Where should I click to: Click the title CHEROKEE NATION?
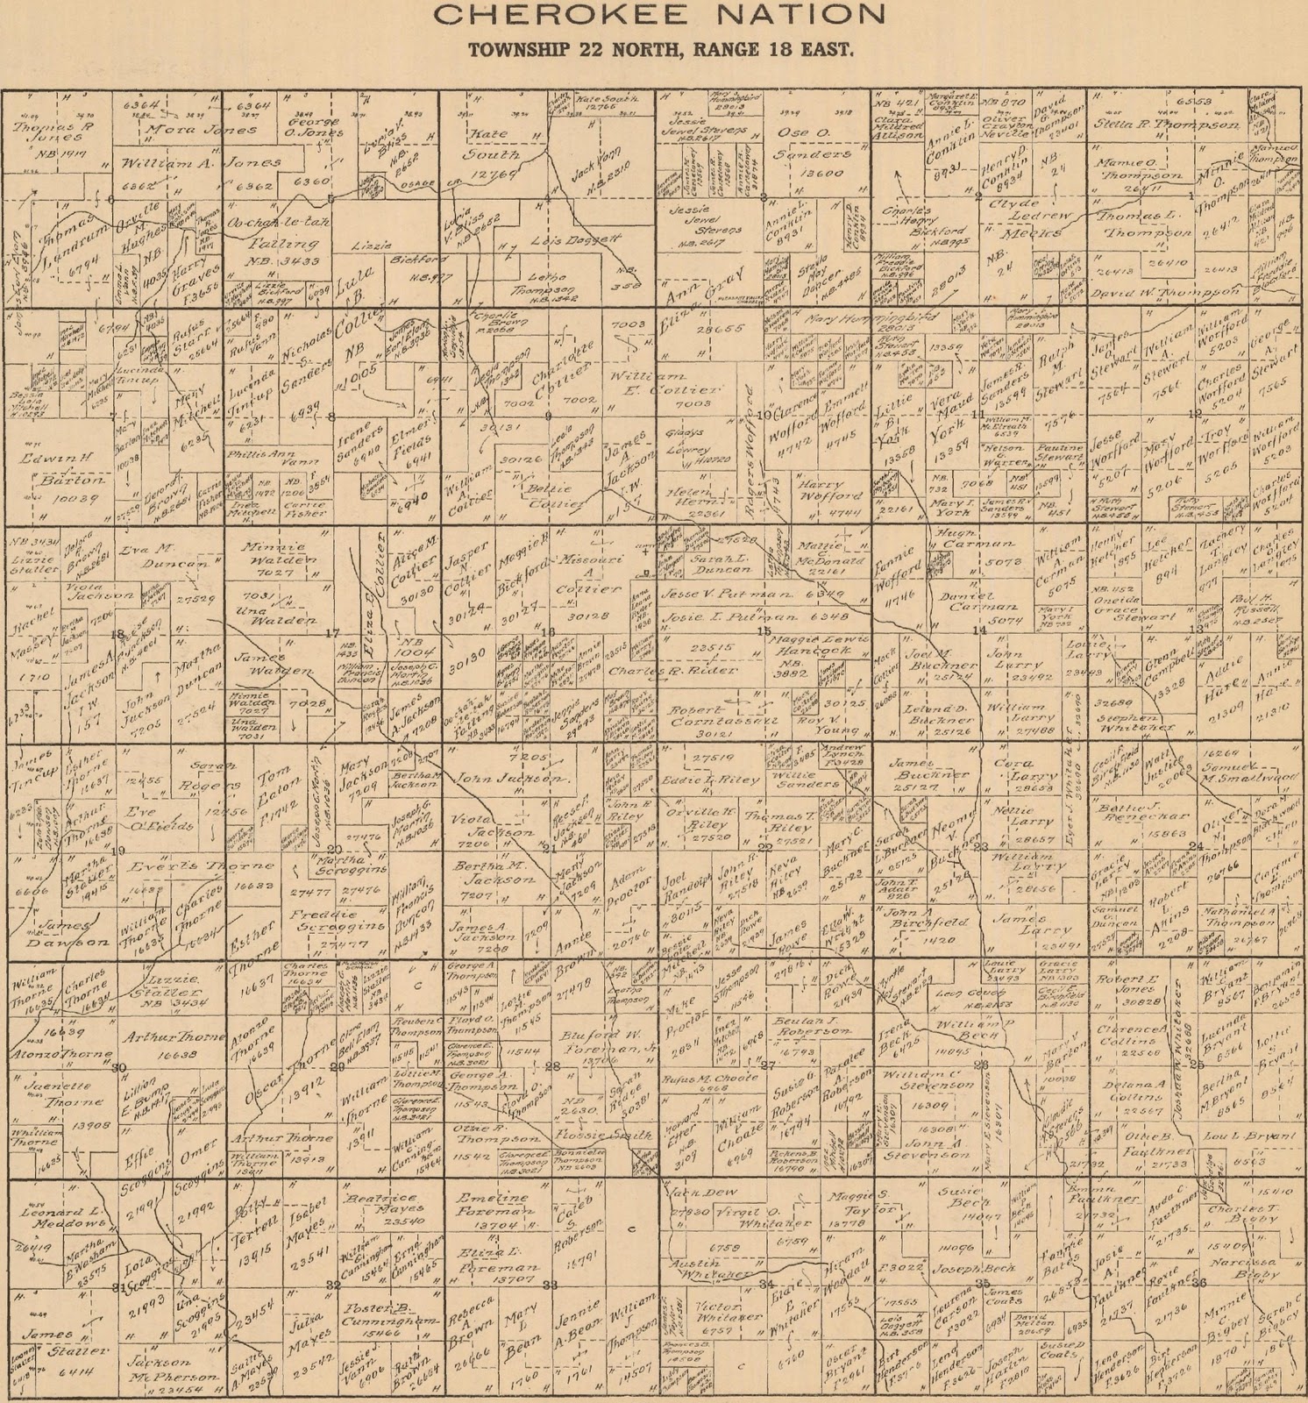658,15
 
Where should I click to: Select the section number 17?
331,632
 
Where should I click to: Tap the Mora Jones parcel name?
202,130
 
